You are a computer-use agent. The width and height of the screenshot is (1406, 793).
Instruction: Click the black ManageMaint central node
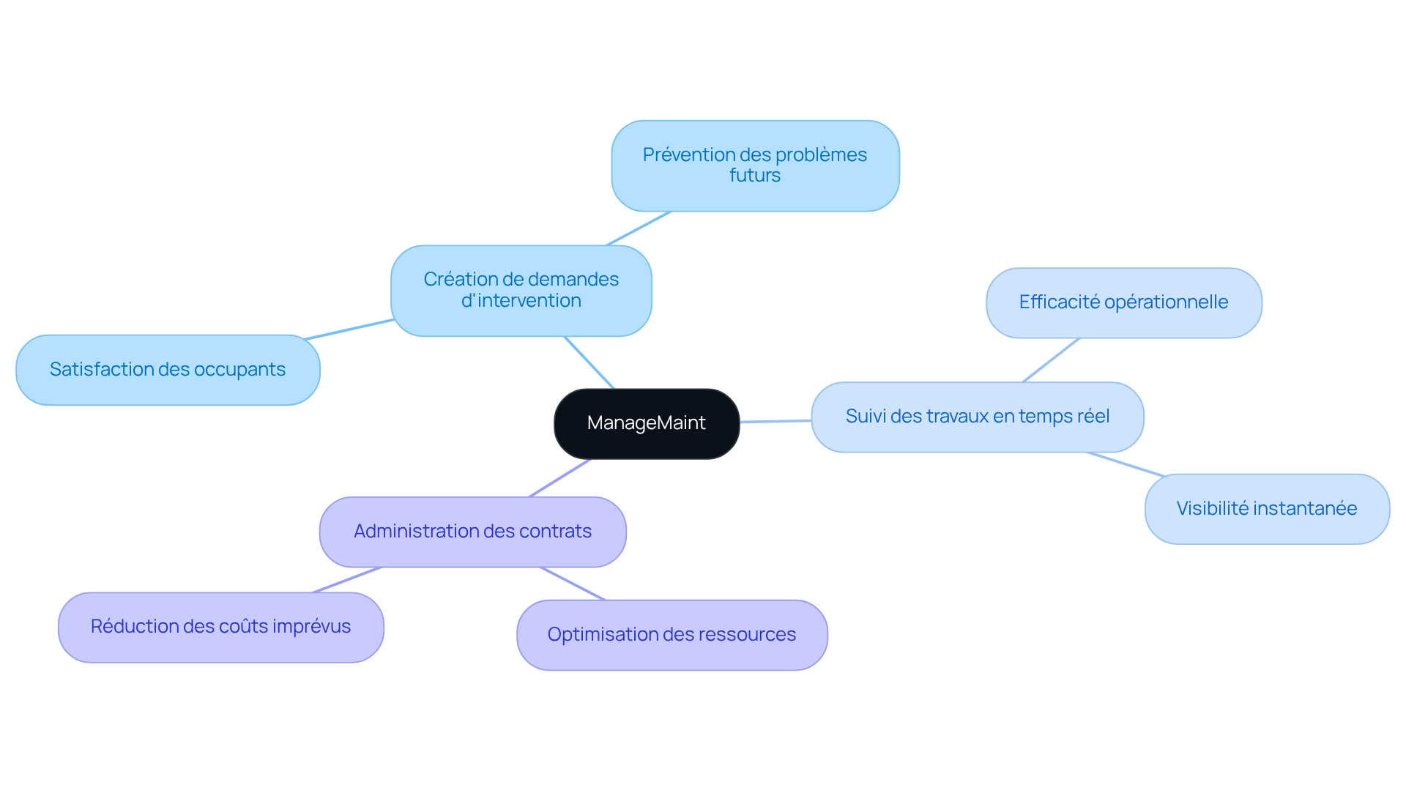coord(646,423)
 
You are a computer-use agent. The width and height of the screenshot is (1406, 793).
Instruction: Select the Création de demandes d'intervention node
coord(521,290)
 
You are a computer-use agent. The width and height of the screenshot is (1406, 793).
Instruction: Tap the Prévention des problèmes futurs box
coord(755,165)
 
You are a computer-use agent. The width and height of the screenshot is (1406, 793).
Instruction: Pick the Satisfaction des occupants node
coord(168,370)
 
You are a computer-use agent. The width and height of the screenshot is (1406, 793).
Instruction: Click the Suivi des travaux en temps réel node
coord(977,417)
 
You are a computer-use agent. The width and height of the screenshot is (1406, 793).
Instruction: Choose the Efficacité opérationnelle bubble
coord(1123,302)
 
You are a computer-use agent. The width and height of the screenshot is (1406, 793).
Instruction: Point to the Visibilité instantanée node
coord(1266,509)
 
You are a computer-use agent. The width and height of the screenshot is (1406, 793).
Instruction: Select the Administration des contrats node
coord(472,532)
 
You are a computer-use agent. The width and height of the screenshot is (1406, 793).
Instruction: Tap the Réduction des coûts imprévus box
coord(220,627)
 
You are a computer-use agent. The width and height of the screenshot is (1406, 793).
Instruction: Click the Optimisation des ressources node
coord(672,635)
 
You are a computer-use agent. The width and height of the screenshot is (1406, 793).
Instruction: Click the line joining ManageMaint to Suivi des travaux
coord(775,421)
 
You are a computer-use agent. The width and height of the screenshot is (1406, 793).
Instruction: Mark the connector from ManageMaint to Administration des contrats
coord(559,478)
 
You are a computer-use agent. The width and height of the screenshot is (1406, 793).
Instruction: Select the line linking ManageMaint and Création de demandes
coord(589,362)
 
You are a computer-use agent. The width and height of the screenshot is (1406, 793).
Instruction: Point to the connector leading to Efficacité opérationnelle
coord(1051,360)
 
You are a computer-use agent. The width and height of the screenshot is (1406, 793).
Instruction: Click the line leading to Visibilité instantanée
coord(1126,464)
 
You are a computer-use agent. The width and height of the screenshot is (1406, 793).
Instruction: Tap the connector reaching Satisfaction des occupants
coord(349,330)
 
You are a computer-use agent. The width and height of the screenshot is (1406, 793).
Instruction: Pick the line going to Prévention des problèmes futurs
coord(639,228)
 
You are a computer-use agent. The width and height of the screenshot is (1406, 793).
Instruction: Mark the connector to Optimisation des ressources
coord(572,584)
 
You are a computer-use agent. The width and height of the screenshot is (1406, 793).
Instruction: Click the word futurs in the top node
coord(755,176)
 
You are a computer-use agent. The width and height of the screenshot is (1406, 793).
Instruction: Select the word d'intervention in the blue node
coord(521,301)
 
